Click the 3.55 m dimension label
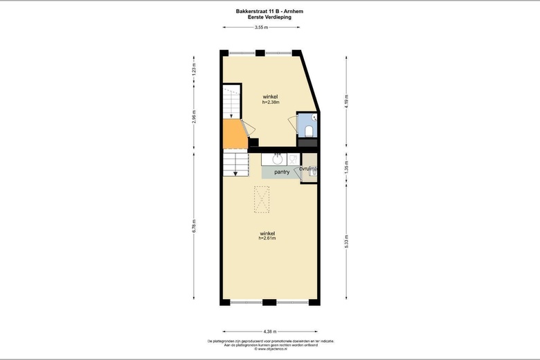(260, 27)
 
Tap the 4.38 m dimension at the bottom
(269, 330)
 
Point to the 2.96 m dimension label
(195, 116)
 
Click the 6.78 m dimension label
(195, 226)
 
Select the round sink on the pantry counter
(277, 157)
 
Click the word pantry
(282, 172)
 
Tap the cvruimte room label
(309, 168)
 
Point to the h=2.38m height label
(270, 102)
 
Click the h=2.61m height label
(267, 239)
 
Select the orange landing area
(235, 134)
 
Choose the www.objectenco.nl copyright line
(269, 349)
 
